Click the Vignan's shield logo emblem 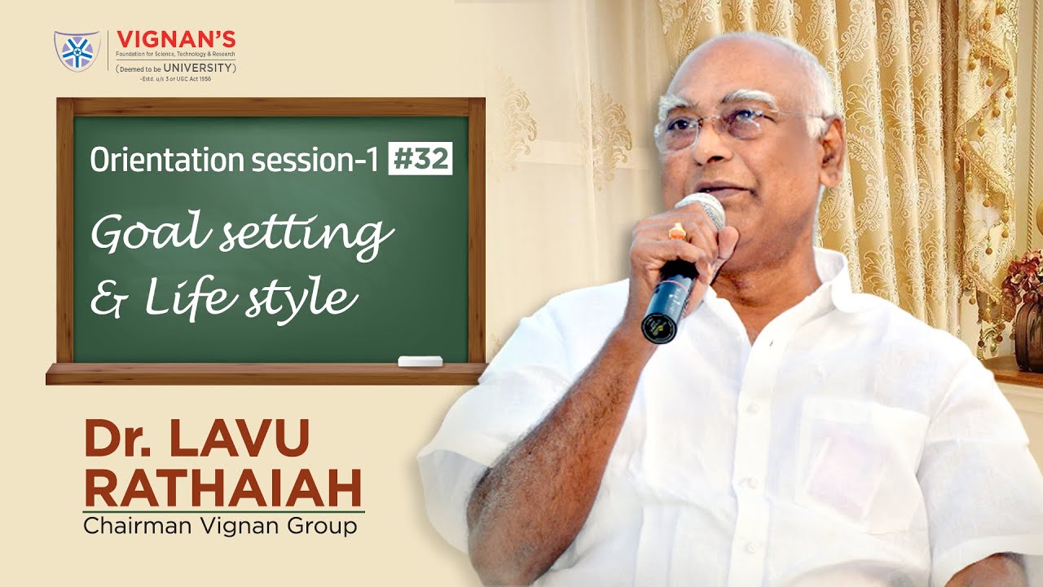pyautogui.click(x=77, y=51)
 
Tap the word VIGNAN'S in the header pyautogui.click(x=176, y=39)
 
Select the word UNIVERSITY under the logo pyautogui.click(x=199, y=67)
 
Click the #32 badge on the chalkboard pyautogui.click(x=420, y=160)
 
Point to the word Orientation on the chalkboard pyautogui.click(x=155, y=161)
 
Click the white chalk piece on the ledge pyautogui.click(x=420, y=361)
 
